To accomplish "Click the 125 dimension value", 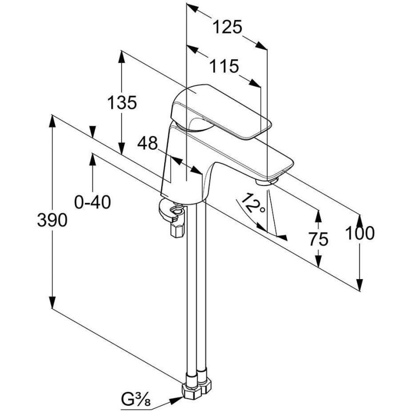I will (x=228, y=27).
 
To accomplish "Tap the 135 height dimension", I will (x=122, y=102).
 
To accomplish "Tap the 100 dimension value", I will (x=360, y=233).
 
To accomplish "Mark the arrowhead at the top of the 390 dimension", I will (x=52, y=119).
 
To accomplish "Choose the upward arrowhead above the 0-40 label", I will (x=93, y=157).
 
